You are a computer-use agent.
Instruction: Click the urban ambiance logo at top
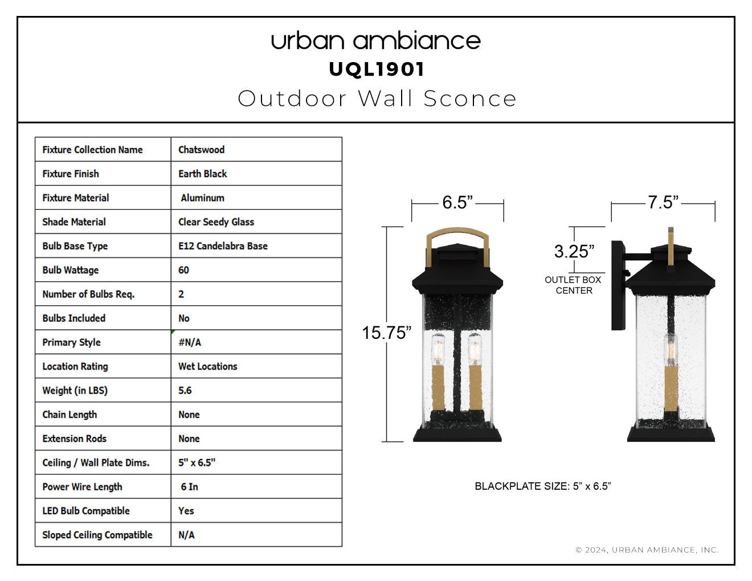[x=376, y=41]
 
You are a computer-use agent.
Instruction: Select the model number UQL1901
[x=377, y=69]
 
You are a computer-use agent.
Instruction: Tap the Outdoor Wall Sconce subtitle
[x=377, y=99]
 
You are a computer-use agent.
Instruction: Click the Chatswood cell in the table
[x=202, y=149]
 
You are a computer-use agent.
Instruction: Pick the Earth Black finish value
[x=202, y=174]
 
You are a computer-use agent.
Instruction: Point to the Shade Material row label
[x=74, y=222]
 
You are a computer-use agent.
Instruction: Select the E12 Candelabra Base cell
[x=223, y=246]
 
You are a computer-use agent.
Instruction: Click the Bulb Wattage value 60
[x=183, y=270]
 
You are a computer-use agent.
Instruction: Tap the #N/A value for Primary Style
[x=190, y=342]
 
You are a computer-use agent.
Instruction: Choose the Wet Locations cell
[x=207, y=366]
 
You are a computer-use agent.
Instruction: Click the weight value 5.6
[x=185, y=390]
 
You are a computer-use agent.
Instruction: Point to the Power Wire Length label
[x=83, y=487]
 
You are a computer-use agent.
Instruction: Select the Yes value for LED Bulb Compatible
[x=186, y=511]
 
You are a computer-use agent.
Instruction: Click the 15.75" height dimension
[x=386, y=333]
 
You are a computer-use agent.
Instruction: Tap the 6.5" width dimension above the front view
[x=457, y=202]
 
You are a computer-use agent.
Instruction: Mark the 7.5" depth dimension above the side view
[x=663, y=202]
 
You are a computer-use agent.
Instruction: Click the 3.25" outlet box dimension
[x=574, y=251]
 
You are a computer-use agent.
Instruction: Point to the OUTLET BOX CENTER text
[x=573, y=285]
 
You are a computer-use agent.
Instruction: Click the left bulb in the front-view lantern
[x=438, y=350]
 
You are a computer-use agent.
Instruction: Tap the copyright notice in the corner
[x=647, y=550]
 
